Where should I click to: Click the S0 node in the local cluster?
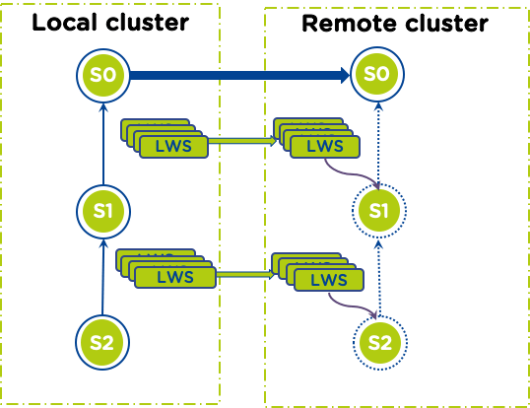tap(102, 74)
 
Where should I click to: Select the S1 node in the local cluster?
tap(102, 209)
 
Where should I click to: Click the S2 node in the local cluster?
tap(102, 342)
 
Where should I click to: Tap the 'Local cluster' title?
tap(109, 23)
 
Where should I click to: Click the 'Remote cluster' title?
tap(394, 23)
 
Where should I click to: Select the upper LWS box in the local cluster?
tap(173, 147)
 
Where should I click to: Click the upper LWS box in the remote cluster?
tap(326, 147)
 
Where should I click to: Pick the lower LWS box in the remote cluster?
tap(329, 280)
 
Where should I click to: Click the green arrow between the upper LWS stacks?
tap(242, 141)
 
